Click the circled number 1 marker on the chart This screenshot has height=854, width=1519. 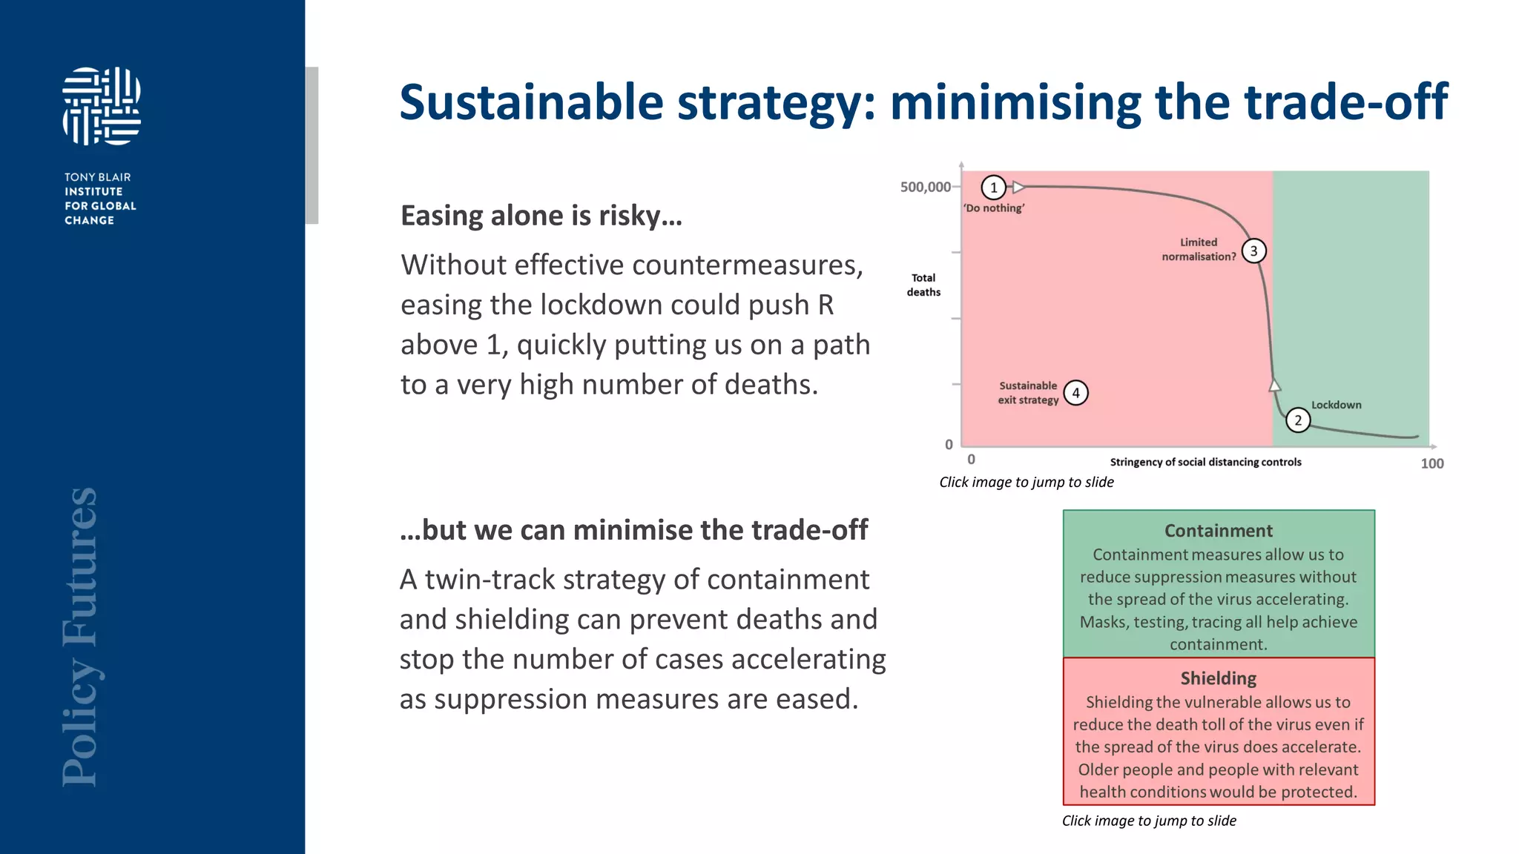pyautogui.click(x=993, y=188)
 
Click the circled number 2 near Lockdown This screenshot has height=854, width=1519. pyautogui.click(x=1297, y=420)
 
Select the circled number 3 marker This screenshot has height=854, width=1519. pyautogui.click(x=1253, y=251)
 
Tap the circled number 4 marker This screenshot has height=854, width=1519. pyautogui.click(x=1075, y=393)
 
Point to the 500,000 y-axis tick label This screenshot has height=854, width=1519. pyautogui.click(x=925, y=187)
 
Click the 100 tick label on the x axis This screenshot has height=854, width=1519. pyautogui.click(x=1431, y=463)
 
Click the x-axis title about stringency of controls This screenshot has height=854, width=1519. pyautogui.click(x=1205, y=462)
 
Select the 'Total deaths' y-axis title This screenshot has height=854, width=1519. pyautogui.click(x=923, y=285)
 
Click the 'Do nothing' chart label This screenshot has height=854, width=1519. pyautogui.click(x=994, y=208)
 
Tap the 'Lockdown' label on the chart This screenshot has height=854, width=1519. pyautogui.click(x=1336, y=405)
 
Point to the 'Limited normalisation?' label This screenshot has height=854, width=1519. pyautogui.click(x=1199, y=249)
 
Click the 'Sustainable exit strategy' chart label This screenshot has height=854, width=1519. pyautogui.click(x=1028, y=393)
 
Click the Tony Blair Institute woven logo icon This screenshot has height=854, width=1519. pyautogui.click(x=102, y=106)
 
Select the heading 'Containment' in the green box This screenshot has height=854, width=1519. pyautogui.click(x=1218, y=531)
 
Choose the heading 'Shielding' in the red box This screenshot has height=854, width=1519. pyautogui.click(x=1218, y=678)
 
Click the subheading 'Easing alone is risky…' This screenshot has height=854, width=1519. pyautogui.click(x=541, y=216)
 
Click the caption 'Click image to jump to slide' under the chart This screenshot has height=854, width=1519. pyautogui.click(x=1026, y=482)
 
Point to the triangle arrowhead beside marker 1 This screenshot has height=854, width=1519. pyautogui.click(x=1018, y=188)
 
